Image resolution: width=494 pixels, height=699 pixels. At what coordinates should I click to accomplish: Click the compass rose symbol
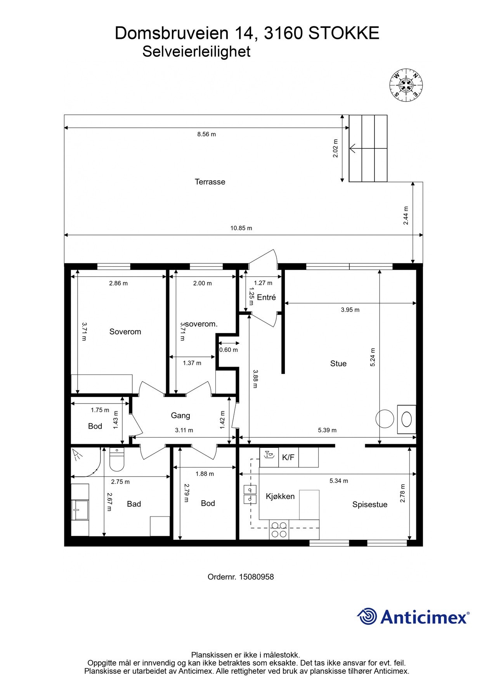click(x=406, y=85)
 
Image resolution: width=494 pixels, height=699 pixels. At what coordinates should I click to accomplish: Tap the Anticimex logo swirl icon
click(x=367, y=616)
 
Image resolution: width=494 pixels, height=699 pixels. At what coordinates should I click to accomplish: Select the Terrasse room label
click(x=210, y=182)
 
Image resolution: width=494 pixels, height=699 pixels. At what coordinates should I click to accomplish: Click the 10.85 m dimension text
click(x=241, y=228)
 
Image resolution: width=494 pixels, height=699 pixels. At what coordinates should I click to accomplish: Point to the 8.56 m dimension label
click(x=206, y=134)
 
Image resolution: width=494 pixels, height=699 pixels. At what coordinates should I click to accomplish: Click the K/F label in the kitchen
click(x=288, y=457)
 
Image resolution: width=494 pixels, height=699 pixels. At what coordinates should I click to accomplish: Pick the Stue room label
click(x=338, y=363)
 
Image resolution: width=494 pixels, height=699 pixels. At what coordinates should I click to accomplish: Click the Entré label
click(x=266, y=297)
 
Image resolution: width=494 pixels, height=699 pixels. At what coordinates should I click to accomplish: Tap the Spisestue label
click(x=370, y=504)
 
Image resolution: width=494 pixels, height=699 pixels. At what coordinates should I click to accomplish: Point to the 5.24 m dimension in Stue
click(x=373, y=357)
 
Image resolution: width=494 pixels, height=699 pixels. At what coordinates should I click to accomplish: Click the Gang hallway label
click(x=180, y=416)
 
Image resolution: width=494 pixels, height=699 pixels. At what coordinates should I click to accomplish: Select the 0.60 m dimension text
click(x=229, y=350)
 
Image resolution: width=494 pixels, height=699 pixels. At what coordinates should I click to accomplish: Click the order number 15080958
click(x=256, y=577)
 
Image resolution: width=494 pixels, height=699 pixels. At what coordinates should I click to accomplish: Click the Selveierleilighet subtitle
click(x=196, y=51)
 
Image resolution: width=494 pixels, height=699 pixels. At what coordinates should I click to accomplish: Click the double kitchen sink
click(x=250, y=494)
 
